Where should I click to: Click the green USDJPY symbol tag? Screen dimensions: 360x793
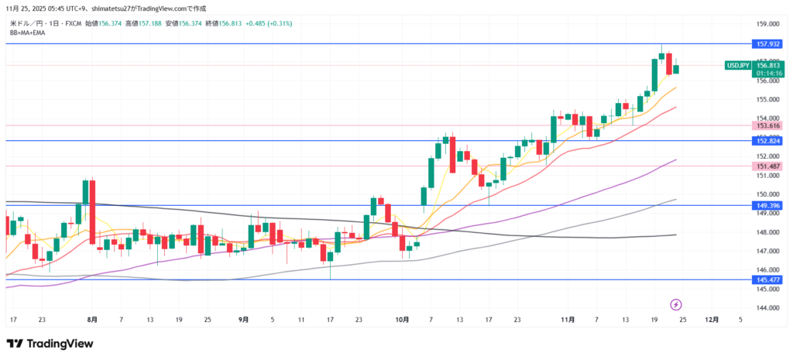tap(737, 66)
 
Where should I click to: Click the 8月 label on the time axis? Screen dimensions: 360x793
tap(93, 319)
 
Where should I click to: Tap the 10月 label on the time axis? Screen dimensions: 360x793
tap(400, 319)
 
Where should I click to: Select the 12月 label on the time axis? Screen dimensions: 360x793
tap(712, 319)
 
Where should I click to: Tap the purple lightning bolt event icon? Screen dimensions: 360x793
tap(675, 304)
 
